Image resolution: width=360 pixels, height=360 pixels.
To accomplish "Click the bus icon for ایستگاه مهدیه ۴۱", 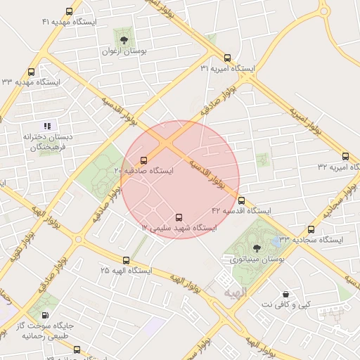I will (69, 11).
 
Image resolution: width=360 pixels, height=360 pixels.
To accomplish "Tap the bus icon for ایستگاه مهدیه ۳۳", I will (31, 72).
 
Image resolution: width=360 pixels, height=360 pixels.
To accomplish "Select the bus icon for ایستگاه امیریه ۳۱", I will (227, 58).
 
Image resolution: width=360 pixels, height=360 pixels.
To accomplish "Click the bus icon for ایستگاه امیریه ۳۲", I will (345, 156).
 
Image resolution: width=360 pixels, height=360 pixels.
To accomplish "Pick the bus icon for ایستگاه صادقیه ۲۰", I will (144, 160).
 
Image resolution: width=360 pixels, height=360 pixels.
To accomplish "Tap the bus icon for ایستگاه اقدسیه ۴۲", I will (242, 200).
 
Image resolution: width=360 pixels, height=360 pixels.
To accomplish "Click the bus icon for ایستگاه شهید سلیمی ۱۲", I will (178, 217).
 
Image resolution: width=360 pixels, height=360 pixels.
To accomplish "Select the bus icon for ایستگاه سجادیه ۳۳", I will (311, 229).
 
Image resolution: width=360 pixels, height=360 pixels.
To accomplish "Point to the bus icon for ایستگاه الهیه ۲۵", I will (126, 260).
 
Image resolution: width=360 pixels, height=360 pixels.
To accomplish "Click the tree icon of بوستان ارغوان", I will (124, 39).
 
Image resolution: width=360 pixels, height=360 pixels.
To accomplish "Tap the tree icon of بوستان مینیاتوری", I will (255, 247).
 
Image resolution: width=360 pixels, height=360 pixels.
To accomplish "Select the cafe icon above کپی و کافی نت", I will (285, 294).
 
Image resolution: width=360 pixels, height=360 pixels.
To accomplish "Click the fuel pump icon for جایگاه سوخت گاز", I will (46, 315).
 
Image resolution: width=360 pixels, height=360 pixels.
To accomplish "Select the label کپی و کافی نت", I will (285, 304).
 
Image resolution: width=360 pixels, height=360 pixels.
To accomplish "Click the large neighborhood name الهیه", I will (235, 290).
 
